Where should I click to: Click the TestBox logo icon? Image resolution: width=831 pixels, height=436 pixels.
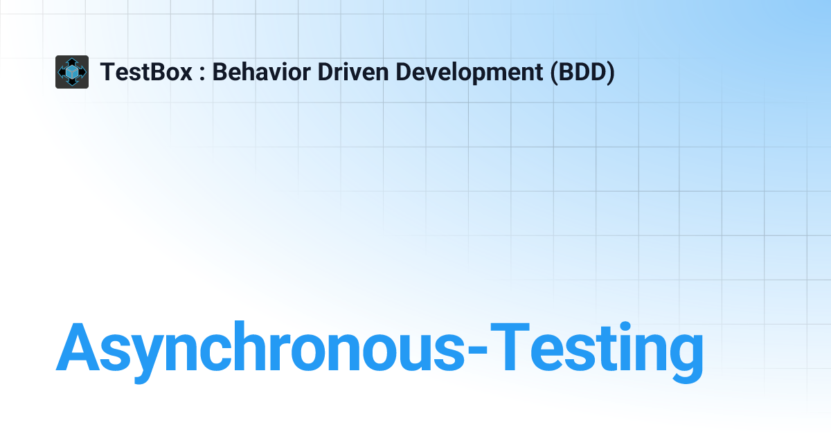pyautogui.click(x=72, y=72)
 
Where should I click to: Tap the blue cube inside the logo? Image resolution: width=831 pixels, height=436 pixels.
pyautogui.click(x=72, y=73)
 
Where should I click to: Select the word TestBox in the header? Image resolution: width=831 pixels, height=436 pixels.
pyautogui.click(x=146, y=72)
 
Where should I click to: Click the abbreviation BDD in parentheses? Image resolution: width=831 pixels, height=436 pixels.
pyautogui.click(x=582, y=72)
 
